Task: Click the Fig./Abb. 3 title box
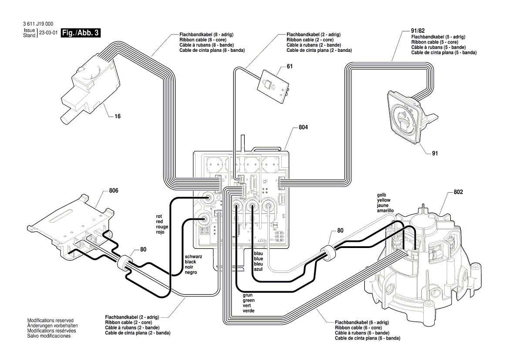click(x=81, y=33)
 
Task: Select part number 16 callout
click(x=118, y=116)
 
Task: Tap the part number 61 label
click(x=290, y=67)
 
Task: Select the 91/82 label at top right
click(x=418, y=31)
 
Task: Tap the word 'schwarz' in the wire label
click(x=193, y=257)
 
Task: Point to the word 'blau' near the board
click(x=258, y=253)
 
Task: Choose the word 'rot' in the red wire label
click(x=159, y=216)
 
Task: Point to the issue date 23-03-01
click(x=48, y=33)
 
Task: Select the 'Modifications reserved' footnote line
click(x=51, y=320)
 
